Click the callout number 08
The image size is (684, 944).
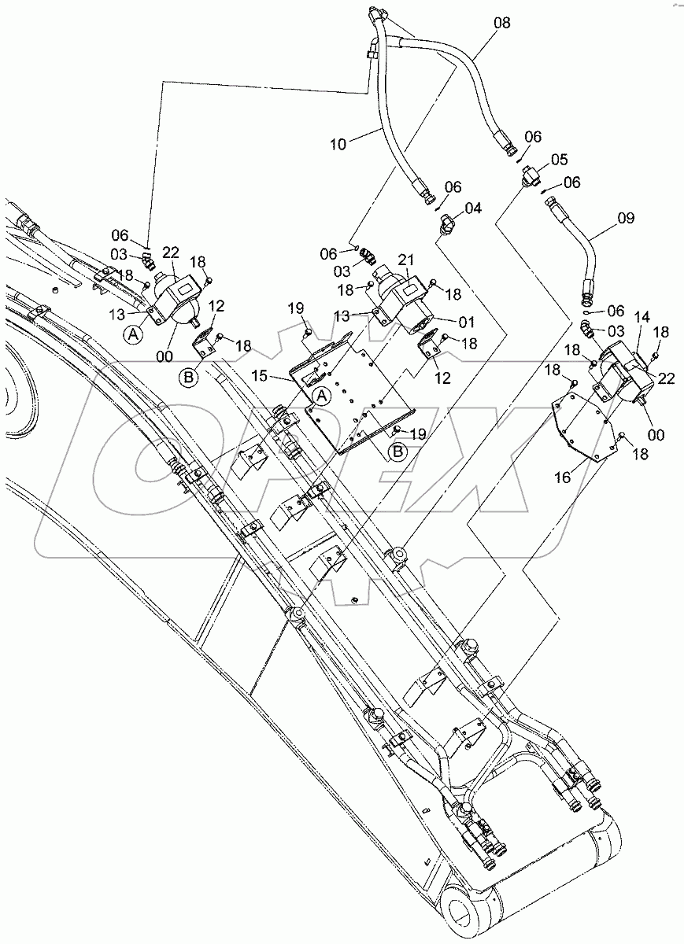click(x=501, y=24)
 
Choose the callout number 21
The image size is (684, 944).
click(x=407, y=260)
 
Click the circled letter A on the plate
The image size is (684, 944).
click(x=320, y=396)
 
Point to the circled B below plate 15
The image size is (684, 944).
click(x=399, y=451)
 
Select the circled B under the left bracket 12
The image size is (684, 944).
click(x=190, y=378)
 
